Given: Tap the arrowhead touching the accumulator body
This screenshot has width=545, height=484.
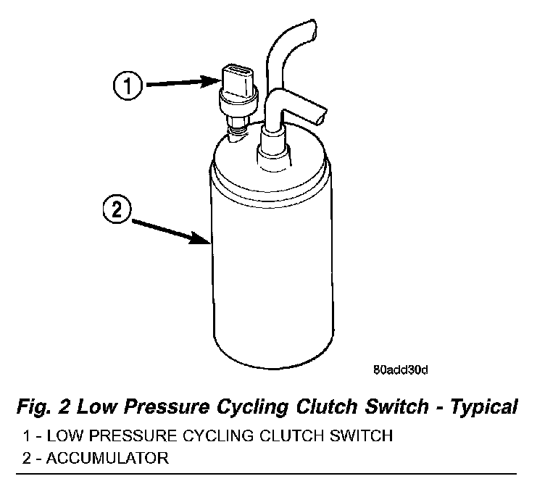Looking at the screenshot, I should (205, 241).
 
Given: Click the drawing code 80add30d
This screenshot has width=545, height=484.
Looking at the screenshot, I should (402, 370).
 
